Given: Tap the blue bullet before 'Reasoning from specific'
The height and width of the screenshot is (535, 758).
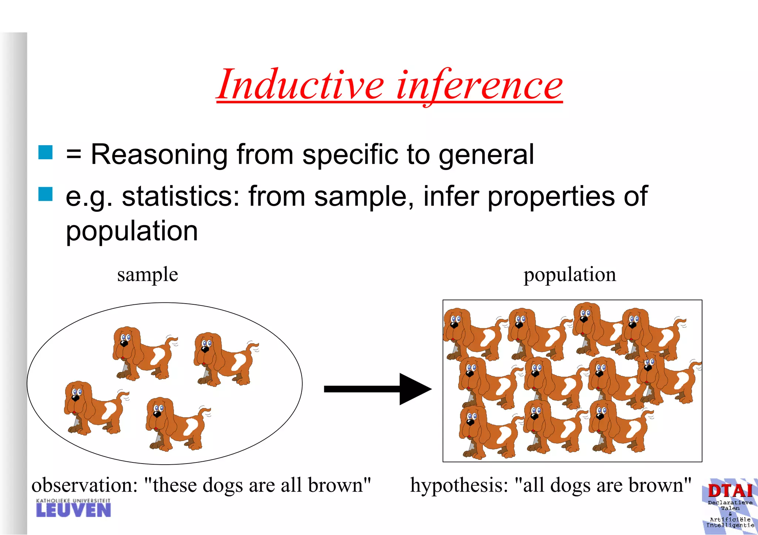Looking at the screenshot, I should pos(46,152).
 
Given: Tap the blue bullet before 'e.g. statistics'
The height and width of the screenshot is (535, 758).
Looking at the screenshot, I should pos(46,194).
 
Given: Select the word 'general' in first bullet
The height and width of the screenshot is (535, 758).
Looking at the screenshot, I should pos(486,155).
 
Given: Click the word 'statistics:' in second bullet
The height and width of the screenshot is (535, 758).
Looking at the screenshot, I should pos(181,196).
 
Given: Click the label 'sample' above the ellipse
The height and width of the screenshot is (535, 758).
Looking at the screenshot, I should pos(147,275).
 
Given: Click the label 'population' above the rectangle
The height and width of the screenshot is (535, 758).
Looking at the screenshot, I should pos(570,275).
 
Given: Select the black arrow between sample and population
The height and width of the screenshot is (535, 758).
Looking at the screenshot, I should pos(378,389).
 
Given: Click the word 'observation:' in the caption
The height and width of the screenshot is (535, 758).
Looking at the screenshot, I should pos(84,485).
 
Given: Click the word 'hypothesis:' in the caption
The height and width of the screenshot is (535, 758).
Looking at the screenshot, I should pos(459,485).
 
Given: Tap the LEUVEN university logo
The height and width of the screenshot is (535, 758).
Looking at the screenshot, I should pos(73,508).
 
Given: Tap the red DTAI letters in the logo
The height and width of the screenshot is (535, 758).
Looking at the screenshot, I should pos(730,491).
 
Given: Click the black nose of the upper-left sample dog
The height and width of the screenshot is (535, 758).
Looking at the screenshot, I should pos(124,344).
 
